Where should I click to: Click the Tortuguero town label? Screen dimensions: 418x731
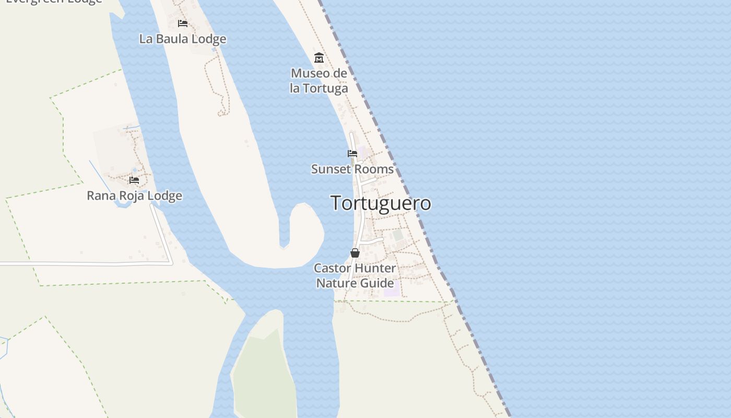(x=381, y=203)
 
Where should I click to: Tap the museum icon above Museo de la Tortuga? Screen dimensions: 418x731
(x=319, y=57)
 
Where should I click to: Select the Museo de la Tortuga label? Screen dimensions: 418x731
(x=319, y=81)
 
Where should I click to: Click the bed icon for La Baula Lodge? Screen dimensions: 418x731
(x=183, y=23)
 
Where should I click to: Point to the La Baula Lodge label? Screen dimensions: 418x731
(x=183, y=39)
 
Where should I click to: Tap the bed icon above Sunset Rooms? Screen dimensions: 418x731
(x=352, y=154)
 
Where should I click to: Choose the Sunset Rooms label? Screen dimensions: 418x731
(x=352, y=169)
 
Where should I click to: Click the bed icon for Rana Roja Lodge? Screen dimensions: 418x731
(x=134, y=180)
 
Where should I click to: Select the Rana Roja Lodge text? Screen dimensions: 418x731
(x=134, y=196)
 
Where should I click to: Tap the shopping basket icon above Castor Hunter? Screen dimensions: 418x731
(x=355, y=253)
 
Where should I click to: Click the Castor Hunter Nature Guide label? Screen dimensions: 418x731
(x=355, y=275)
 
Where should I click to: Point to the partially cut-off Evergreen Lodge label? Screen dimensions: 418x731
(x=54, y=2)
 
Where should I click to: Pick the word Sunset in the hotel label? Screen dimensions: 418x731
(x=329, y=169)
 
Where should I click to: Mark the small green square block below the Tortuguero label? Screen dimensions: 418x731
(x=398, y=235)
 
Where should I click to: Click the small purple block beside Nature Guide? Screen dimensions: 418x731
(x=392, y=288)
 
